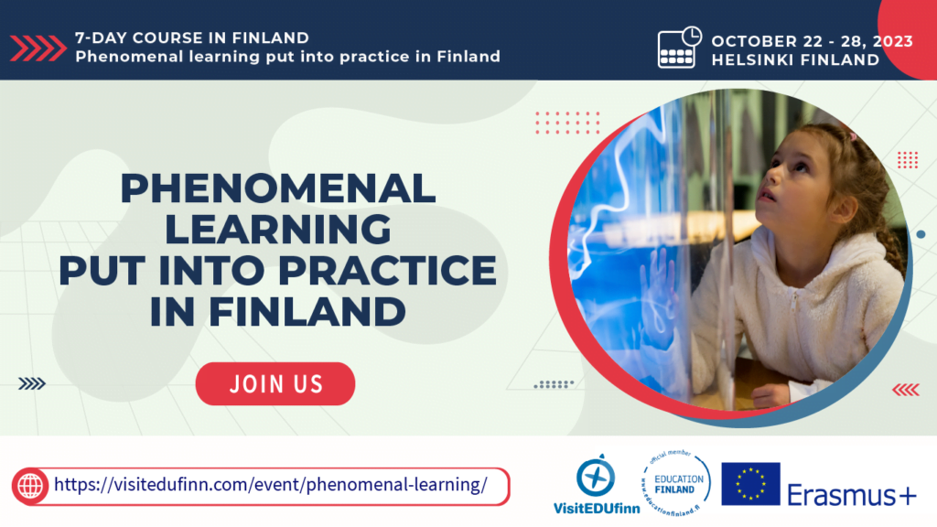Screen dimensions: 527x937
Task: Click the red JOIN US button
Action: (x=275, y=383)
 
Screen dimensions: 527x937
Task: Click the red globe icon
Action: (x=31, y=486)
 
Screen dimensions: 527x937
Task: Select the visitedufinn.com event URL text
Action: (x=270, y=485)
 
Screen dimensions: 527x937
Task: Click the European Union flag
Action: (x=750, y=484)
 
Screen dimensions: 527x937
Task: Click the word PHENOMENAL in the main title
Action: (x=278, y=189)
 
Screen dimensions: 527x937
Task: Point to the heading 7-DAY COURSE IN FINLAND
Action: (x=191, y=38)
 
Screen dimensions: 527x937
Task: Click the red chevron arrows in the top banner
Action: (x=39, y=48)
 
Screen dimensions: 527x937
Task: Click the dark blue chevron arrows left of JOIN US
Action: (x=32, y=384)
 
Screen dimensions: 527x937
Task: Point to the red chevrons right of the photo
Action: (x=905, y=390)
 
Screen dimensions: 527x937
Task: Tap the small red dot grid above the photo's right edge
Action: (x=907, y=160)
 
